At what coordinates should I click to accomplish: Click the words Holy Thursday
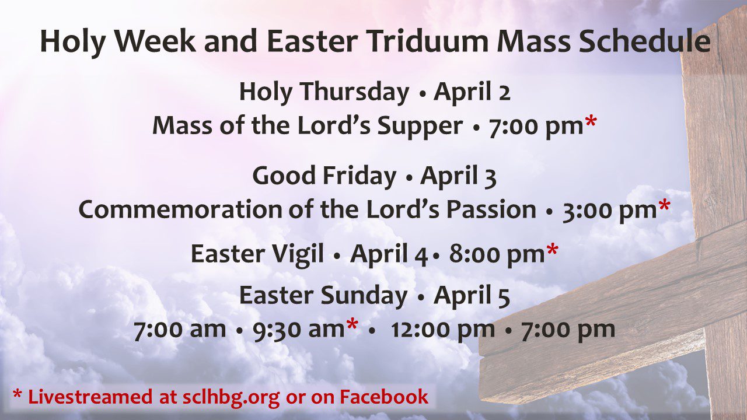[x=324, y=92]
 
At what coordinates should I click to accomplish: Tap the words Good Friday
[x=324, y=176]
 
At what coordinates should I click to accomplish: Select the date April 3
[x=458, y=176]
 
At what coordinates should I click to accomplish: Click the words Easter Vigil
[x=257, y=254]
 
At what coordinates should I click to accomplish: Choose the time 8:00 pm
[x=496, y=254]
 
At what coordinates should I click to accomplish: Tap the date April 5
[x=472, y=296]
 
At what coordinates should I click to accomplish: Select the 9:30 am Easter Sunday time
[x=298, y=330]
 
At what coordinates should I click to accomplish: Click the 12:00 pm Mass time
[x=442, y=330]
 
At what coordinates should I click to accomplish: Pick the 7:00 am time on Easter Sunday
[x=179, y=330]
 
